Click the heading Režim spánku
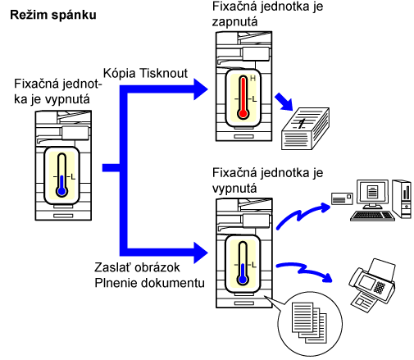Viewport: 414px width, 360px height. [53, 16]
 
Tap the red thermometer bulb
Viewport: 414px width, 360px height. [243, 113]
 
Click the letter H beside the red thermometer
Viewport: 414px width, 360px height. [252, 79]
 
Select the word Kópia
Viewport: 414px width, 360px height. [119, 74]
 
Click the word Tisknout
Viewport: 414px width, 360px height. [163, 73]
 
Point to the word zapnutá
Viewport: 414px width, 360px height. [234, 22]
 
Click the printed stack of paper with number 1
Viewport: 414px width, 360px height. [305, 129]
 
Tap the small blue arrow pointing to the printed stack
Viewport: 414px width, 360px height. [284, 102]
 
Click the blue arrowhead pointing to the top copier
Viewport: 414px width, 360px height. [201, 89]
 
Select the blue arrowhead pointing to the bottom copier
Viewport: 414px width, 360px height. [201, 253]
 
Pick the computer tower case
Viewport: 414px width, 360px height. [402, 199]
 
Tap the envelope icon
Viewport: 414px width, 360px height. [342, 198]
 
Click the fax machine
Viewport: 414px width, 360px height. [372, 285]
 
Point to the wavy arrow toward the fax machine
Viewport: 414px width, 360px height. [304, 271]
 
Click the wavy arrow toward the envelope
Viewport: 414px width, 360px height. [303, 216]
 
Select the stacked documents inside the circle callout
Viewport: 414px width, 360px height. [309, 322]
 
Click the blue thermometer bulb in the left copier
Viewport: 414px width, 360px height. [62, 191]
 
